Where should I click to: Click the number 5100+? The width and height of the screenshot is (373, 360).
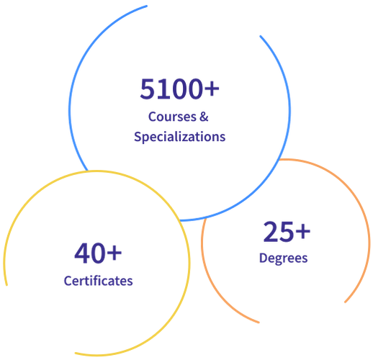(x=179, y=89)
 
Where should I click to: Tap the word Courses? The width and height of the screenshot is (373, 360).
(x=172, y=117)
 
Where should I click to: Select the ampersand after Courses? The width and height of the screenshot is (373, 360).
(x=204, y=117)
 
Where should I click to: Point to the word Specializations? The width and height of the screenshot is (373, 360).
(x=179, y=137)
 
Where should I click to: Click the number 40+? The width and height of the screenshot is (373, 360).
(x=98, y=253)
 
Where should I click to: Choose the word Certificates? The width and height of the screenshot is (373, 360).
(x=98, y=281)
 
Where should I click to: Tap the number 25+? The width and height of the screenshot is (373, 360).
(x=287, y=232)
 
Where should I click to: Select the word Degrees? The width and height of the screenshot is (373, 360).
(x=283, y=258)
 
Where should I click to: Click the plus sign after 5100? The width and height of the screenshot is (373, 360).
(x=212, y=89)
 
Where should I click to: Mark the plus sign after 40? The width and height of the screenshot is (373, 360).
(x=114, y=253)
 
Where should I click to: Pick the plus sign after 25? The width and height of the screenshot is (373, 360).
(x=303, y=232)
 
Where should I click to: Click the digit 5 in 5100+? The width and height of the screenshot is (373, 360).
(x=147, y=89)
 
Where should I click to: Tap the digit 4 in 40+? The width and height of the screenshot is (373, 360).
(x=82, y=253)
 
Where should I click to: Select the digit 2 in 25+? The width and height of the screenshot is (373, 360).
(x=271, y=231)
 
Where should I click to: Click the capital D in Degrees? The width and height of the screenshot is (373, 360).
(x=264, y=258)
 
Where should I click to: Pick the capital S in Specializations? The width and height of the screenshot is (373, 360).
(x=138, y=137)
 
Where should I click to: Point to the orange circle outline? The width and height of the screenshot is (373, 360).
(x=369, y=240)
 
